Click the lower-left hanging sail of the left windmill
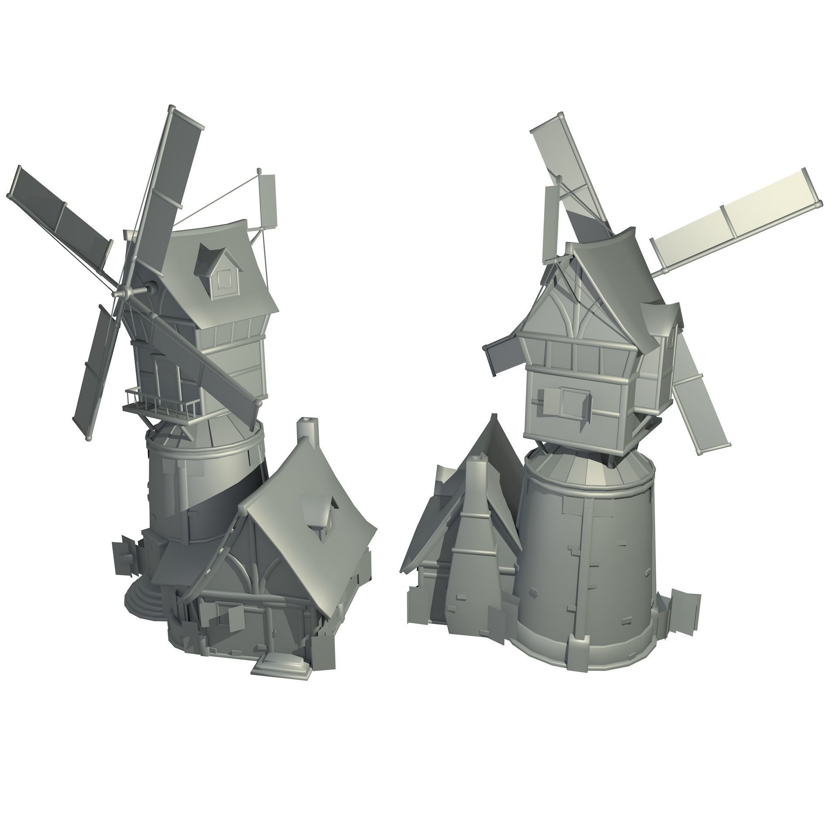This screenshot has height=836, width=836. pyautogui.click(x=94, y=374)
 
